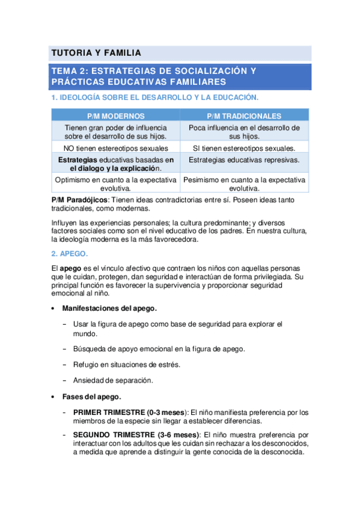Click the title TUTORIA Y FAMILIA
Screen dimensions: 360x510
pos(96,53)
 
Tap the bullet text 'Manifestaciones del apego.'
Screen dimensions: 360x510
pos(109,309)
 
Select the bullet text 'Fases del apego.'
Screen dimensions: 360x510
pos(91,396)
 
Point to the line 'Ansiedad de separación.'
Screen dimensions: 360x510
pos(112,380)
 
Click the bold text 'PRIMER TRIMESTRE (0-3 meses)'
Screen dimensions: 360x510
pos(130,413)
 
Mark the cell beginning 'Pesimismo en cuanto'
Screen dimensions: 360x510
pos(244,183)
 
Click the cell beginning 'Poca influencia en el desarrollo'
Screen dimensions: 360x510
pos(244,132)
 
